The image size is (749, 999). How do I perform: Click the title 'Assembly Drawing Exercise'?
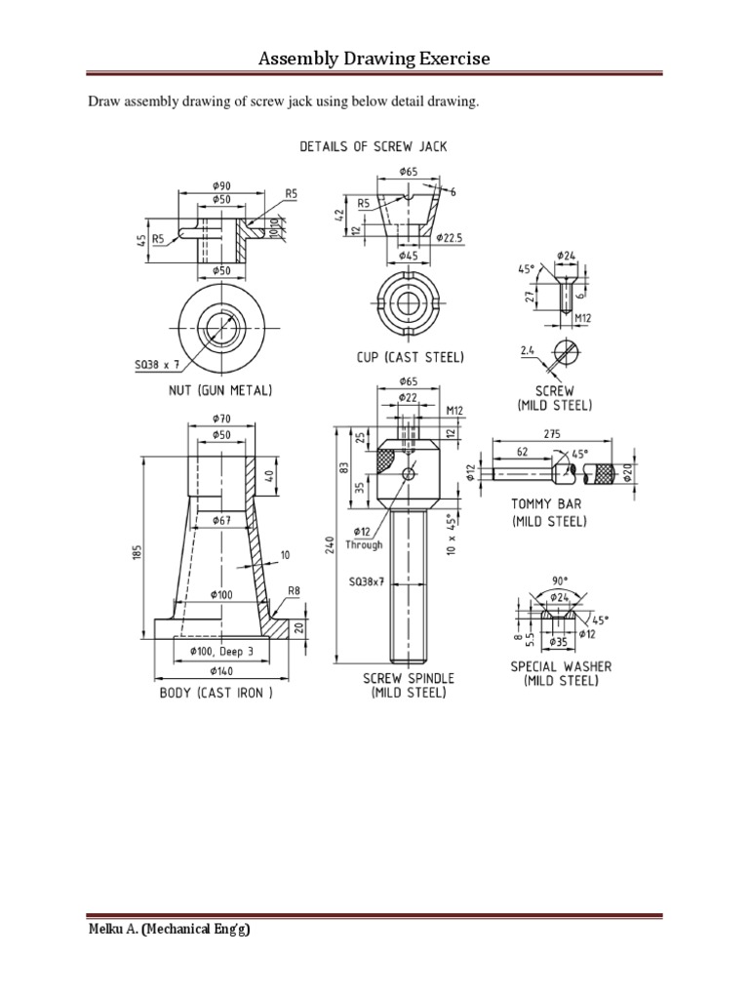point(374,60)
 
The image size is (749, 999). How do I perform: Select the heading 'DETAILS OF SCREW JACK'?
point(374,146)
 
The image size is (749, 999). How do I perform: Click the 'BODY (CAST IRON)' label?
point(216,694)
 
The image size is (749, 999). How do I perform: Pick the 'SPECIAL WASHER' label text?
point(562,666)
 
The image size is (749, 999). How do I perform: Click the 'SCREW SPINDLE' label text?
point(408,678)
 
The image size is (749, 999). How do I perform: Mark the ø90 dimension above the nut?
point(220,185)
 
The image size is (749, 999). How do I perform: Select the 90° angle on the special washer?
point(559,592)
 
